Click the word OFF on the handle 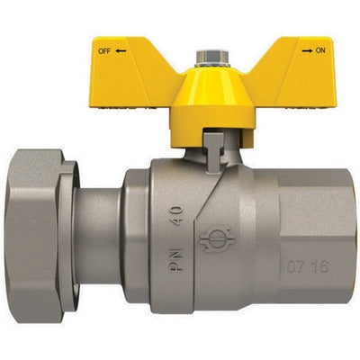tap(102, 51)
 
